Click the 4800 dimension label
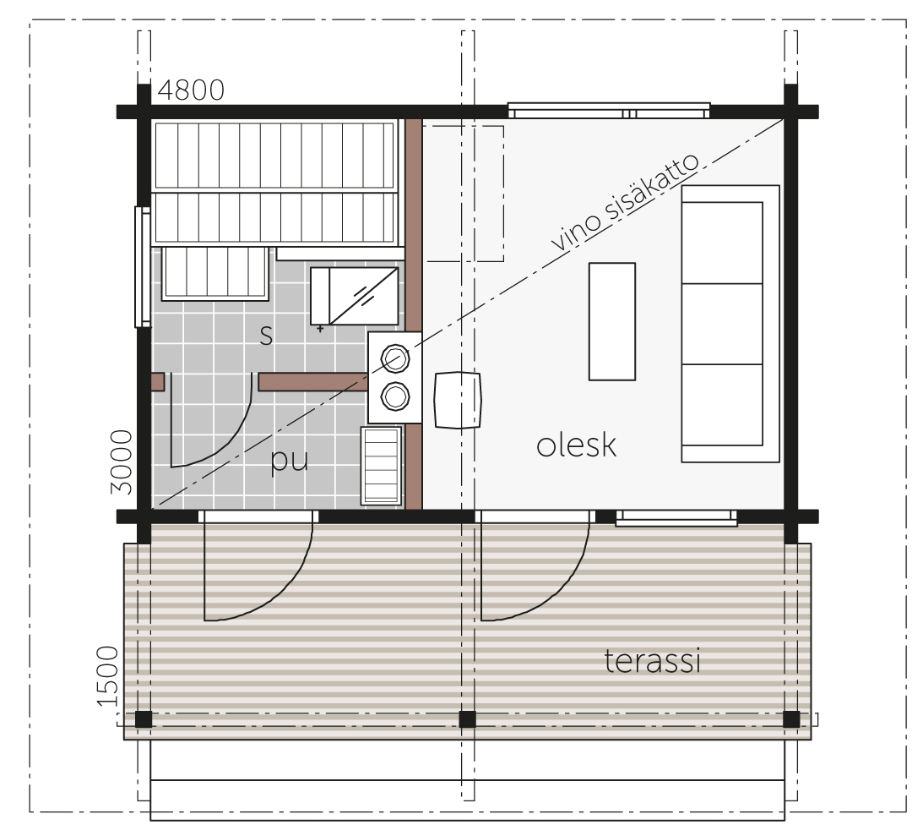[x=191, y=90]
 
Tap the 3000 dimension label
[x=122, y=462]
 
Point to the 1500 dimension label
[x=107, y=676]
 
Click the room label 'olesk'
[x=576, y=445]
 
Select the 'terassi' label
[x=652, y=661]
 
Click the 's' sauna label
[x=266, y=336]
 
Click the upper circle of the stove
[x=395, y=358]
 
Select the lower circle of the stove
[x=395, y=397]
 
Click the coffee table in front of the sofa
[x=612, y=321]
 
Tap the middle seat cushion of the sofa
[x=722, y=324]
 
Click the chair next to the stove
[x=459, y=400]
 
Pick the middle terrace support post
[x=467, y=719]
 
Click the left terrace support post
[x=144, y=719]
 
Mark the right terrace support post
[x=791, y=719]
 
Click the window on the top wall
[x=609, y=111]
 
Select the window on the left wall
[x=143, y=266]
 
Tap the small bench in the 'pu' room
[x=381, y=466]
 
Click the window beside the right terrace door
[x=676, y=517]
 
